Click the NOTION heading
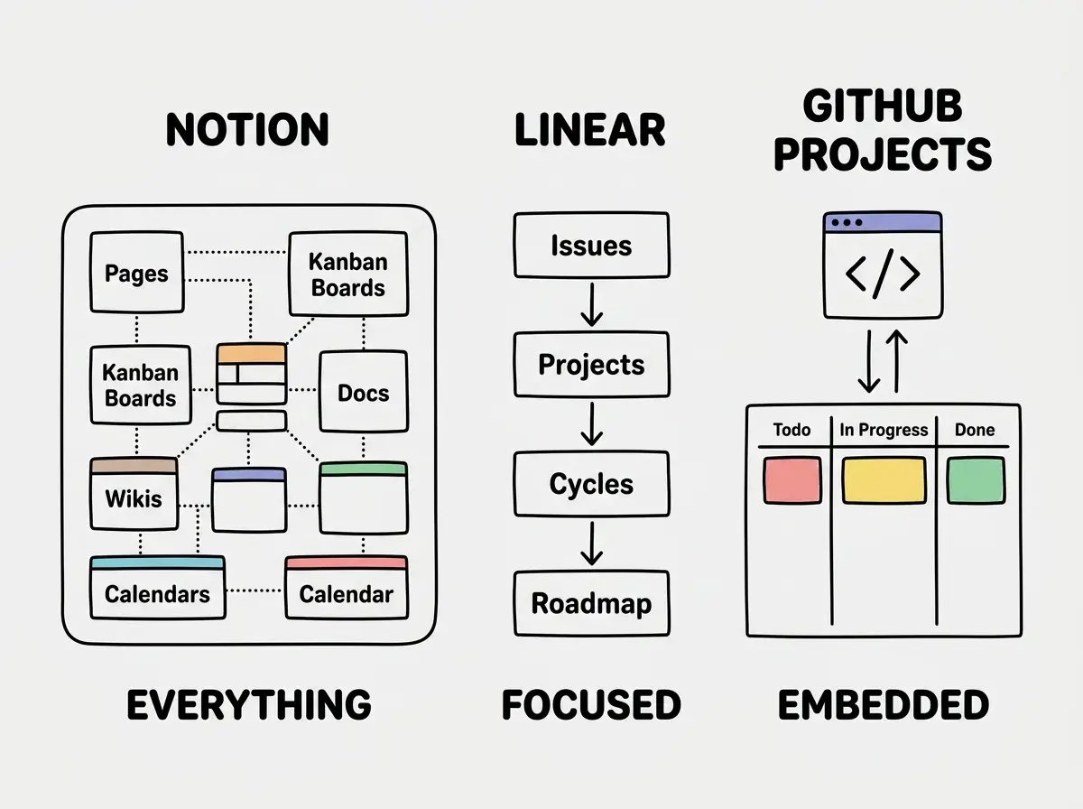(x=247, y=129)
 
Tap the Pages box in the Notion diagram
(x=137, y=273)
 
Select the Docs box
(x=364, y=392)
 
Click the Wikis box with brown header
(x=134, y=494)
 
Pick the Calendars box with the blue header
(x=158, y=588)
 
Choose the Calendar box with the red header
(x=347, y=588)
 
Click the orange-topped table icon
(x=252, y=374)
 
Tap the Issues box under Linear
(x=591, y=246)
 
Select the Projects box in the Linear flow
(x=591, y=365)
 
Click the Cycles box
(x=591, y=484)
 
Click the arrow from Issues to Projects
(x=591, y=304)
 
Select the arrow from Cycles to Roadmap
(x=591, y=544)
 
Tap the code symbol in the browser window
(x=883, y=274)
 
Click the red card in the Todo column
(x=792, y=480)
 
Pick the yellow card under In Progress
(x=884, y=480)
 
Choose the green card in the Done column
(x=976, y=480)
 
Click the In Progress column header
(x=884, y=430)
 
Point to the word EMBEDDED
(x=884, y=705)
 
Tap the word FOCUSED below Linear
(x=591, y=705)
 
